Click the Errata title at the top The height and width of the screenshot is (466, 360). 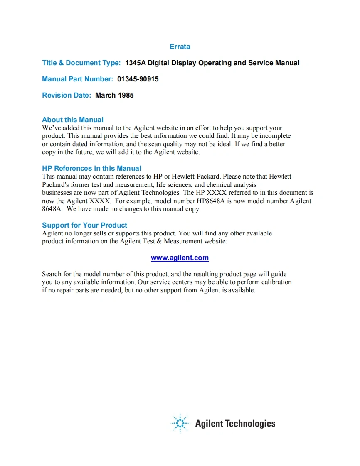(x=180, y=47)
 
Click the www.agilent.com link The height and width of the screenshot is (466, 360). (x=180, y=258)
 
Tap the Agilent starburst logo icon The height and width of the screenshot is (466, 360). (x=180, y=423)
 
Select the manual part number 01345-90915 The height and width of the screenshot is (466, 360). (x=138, y=79)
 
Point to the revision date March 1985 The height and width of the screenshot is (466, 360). (x=114, y=95)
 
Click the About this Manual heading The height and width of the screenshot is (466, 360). (x=73, y=120)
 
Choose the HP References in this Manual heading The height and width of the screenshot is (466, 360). (x=91, y=168)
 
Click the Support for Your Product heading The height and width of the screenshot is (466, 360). (x=84, y=225)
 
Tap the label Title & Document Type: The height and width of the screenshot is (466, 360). (x=81, y=63)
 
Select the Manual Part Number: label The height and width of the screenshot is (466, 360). (x=77, y=79)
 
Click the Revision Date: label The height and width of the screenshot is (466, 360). (x=67, y=95)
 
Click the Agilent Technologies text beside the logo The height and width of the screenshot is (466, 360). (x=235, y=424)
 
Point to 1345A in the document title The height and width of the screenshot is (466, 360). (x=136, y=63)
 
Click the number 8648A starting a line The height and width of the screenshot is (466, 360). (x=52, y=209)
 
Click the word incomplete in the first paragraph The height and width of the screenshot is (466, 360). (x=275, y=136)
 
